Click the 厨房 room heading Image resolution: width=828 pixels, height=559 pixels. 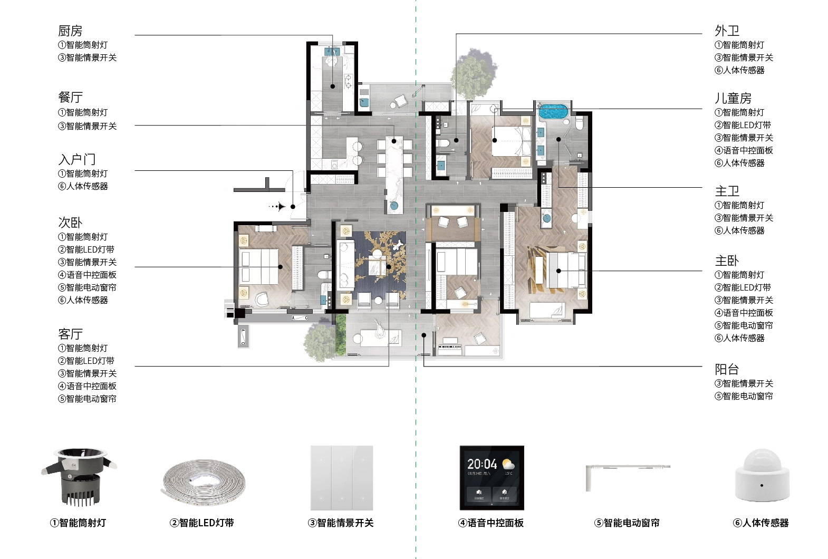tap(70, 31)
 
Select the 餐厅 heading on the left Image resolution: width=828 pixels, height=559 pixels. tap(70, 98)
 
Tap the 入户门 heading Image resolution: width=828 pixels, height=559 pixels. tap(77, 159)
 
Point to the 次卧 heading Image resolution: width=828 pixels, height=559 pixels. tap(70, 223)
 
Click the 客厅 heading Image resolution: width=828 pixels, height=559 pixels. tap(70, 334)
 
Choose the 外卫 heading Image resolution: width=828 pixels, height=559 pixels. tap(727, 31)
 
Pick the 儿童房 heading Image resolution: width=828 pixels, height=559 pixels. tap(733, 98)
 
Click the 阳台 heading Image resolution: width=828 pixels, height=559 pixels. tap(727, 369)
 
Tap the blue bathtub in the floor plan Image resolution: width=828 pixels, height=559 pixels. tap(553, 111)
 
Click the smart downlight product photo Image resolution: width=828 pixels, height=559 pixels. tap(79, 477)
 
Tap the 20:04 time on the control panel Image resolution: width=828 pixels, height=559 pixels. tap(482, 464)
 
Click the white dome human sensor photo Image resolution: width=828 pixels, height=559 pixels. tap(762, 476)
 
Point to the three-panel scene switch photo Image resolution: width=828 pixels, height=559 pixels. tap(342, 478)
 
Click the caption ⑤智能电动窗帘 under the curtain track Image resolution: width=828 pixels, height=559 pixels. tap(627, 523)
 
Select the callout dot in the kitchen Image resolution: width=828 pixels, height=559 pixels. tap(333, 86)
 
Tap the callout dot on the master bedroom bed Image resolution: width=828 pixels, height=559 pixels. tap(559, 271)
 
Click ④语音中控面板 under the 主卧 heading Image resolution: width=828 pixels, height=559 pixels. tap(744, 313)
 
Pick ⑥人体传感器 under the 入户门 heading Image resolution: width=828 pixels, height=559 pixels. tap(83, 186)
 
